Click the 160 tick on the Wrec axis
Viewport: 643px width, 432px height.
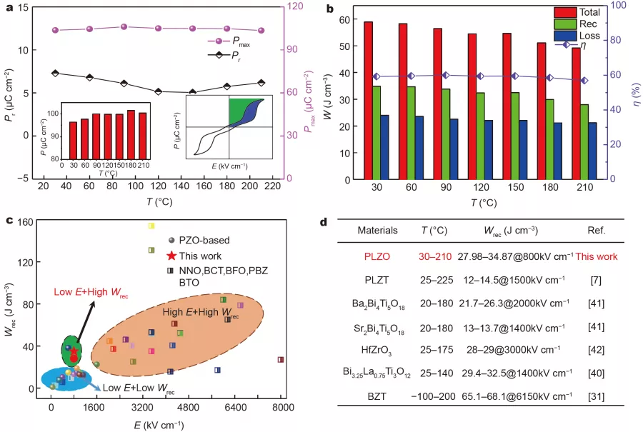click(x=33, y=222)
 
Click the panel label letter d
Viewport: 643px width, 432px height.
click(x=323, y=222)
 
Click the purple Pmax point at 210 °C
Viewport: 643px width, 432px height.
click(x=261, y=31)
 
